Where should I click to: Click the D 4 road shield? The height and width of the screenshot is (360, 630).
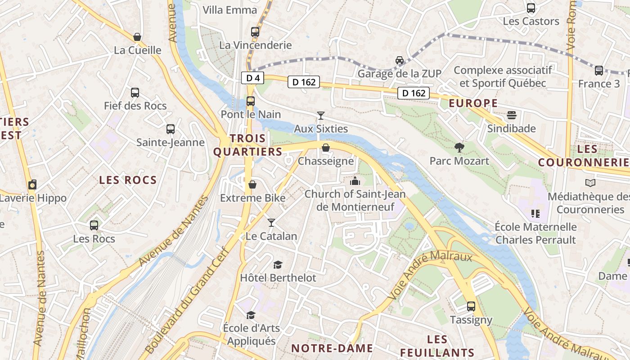point(253,78)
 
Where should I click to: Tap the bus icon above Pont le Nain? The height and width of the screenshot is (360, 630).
point(251,101)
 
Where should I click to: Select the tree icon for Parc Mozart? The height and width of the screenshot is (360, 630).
point(459,148)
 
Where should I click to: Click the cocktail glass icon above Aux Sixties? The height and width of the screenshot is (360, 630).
point(320,116)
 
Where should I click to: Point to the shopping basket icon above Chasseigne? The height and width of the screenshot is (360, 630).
point(326,148)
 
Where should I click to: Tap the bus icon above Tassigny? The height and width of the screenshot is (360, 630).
point(471,306)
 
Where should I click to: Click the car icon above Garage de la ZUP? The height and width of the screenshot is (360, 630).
point(399,60)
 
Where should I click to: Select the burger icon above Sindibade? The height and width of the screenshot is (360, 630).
point(511,115)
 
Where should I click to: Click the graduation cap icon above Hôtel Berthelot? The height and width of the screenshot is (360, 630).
point(278,265)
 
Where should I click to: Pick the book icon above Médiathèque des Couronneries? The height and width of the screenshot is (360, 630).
point(590,183)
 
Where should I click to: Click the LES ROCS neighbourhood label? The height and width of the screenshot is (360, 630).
point(128,180)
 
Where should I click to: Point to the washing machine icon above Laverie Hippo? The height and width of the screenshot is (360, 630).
point(32,185)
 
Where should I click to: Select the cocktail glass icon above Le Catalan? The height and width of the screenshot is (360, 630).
point(271,223)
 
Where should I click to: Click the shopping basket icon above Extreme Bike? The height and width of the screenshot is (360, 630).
point(252,184)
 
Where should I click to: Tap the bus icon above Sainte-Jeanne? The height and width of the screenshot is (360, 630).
point(170,129)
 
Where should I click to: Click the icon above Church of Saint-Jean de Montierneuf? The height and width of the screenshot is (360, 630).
point(355,181)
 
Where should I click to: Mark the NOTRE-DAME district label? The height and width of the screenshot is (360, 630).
point(332,348)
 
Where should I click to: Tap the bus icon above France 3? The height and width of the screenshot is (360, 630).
point(598,71)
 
